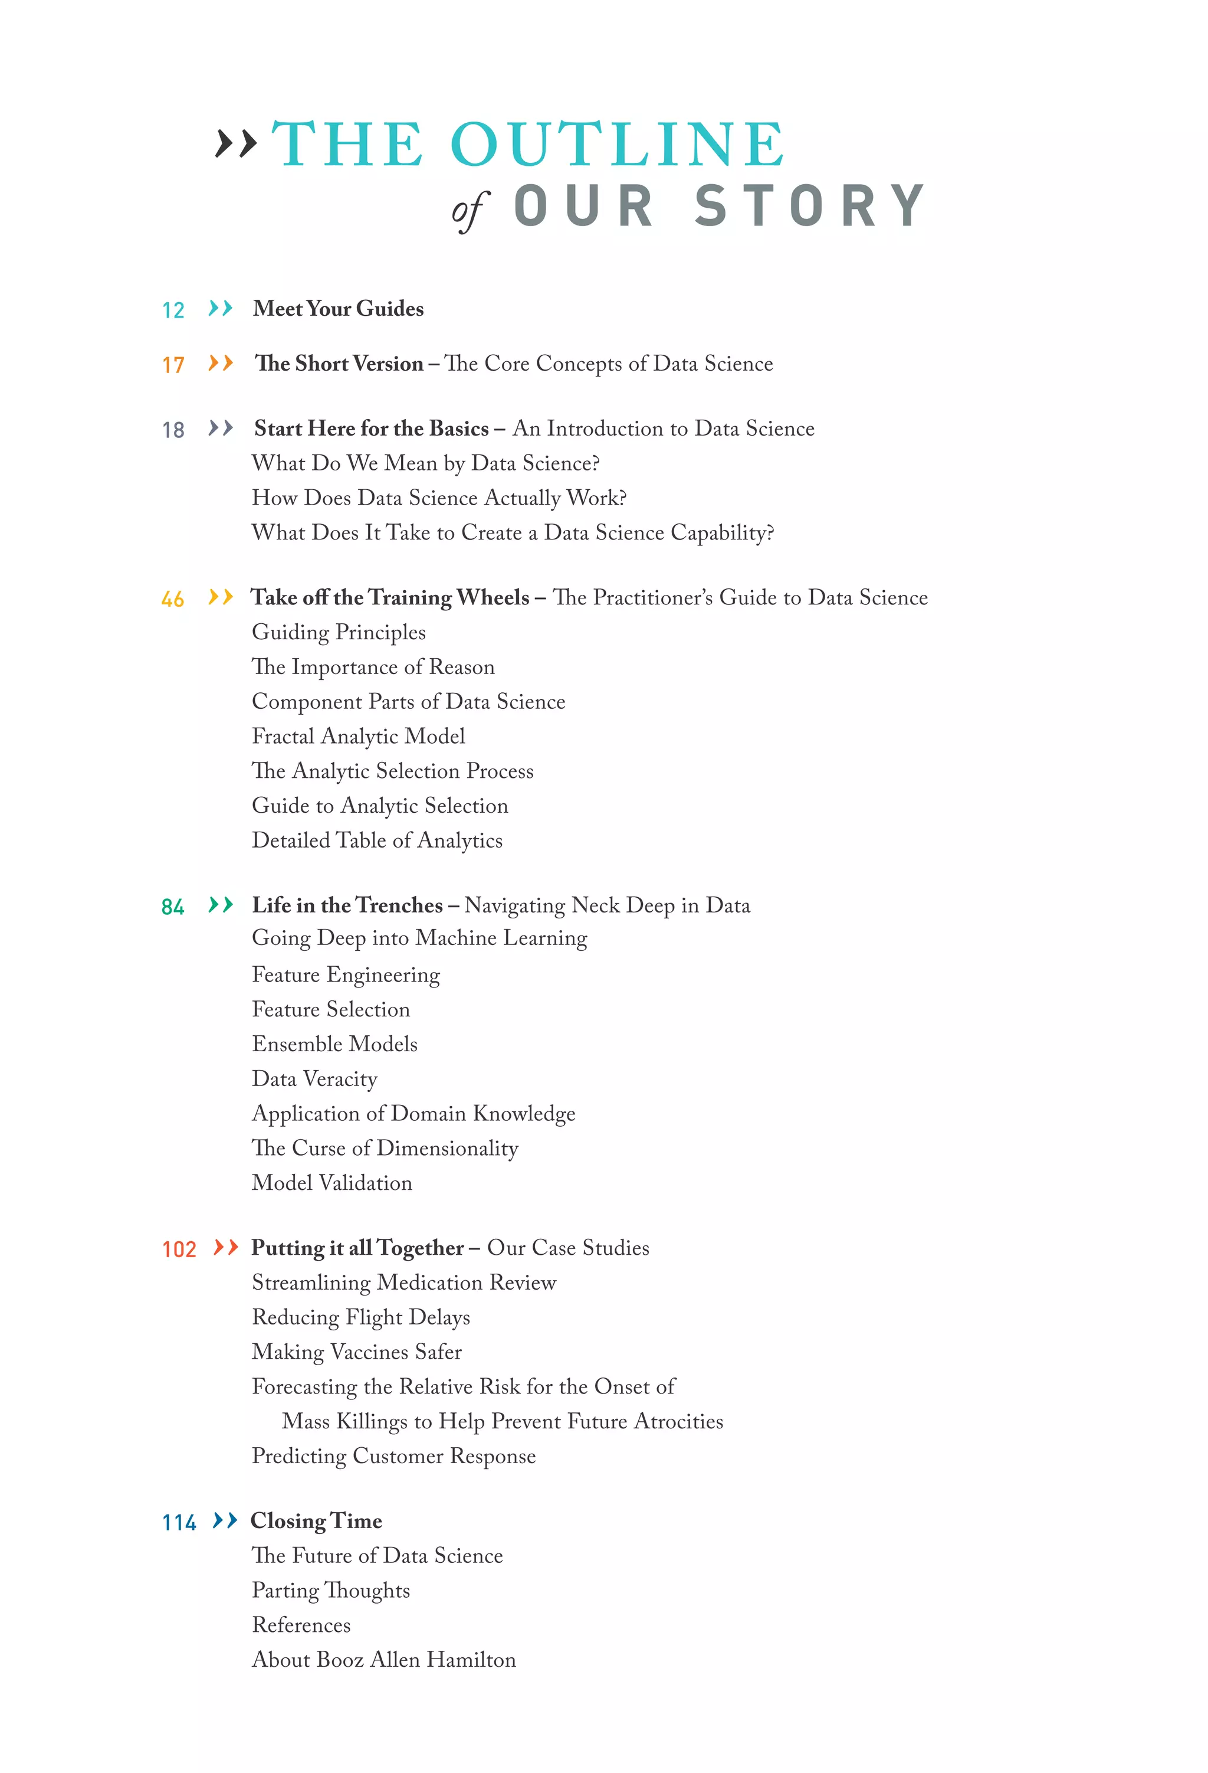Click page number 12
[x=173, y=310]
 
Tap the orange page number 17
[x=173, y=365]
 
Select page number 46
[x=172, y=600]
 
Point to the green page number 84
[x=172, y=907]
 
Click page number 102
[x=179, y=1249]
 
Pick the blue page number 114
[x=179, y=1523]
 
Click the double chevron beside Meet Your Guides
[x=221, y=308]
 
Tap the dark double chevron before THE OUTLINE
[x=236, y=143]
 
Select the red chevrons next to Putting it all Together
[x=226, y=1247]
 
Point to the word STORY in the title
[x=810, y=206]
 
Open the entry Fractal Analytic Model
[x=359, y=736]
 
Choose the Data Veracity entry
[x=315, y=1079]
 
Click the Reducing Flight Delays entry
[x=361, y=1317]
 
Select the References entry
[x=301, y=1625]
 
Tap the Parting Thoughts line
[x=331, y=1591]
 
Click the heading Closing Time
[x=317, y=1521]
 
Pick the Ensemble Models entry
[x=335, y=1045]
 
